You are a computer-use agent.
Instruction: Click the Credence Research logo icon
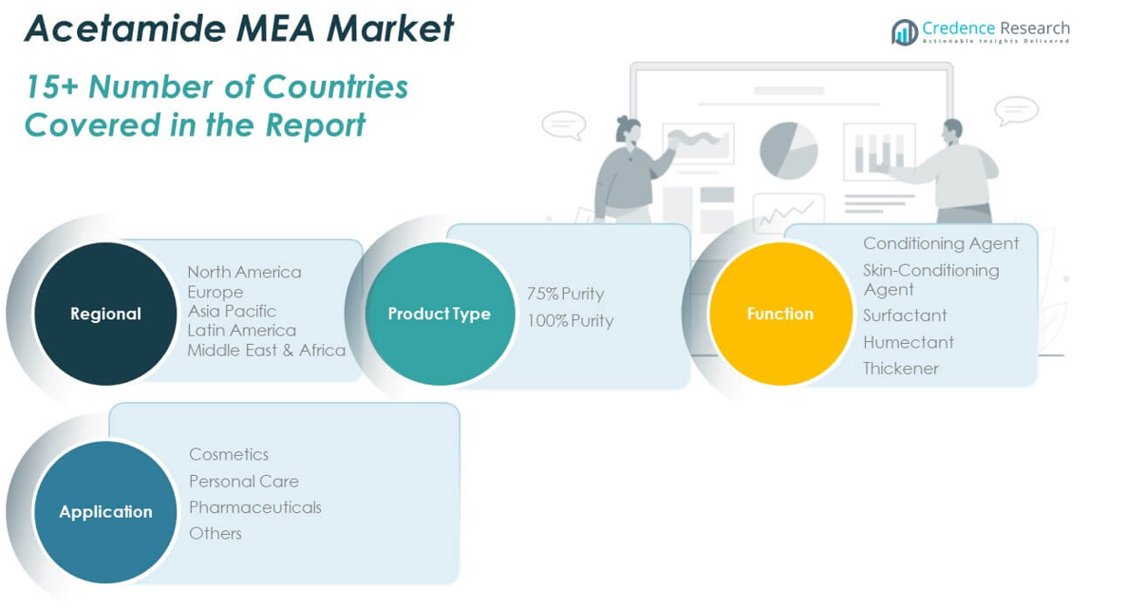[904, 32]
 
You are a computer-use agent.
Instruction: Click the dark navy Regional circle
[105, 314]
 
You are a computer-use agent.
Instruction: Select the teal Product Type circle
[439, 314]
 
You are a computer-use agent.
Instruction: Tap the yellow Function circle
[780, 314]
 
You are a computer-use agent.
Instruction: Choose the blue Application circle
[105, 511]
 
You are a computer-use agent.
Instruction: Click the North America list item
[244, 272]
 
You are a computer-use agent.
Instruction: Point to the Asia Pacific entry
[232, 311]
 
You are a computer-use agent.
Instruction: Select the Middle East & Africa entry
[266, 350]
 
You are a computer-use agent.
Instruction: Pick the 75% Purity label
[565, 294]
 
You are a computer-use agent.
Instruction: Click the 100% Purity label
[570, 320]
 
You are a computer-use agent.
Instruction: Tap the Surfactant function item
[905, 315]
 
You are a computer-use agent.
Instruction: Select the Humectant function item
[909, 342]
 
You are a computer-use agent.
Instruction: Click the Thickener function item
[901, 368]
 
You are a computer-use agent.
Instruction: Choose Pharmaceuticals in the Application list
[255, 507]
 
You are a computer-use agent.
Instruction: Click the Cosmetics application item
[229, 454]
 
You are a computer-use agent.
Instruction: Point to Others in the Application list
[216, 533]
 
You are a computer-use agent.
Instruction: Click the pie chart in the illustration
[788, 149]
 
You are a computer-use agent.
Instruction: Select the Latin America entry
[241, 330]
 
